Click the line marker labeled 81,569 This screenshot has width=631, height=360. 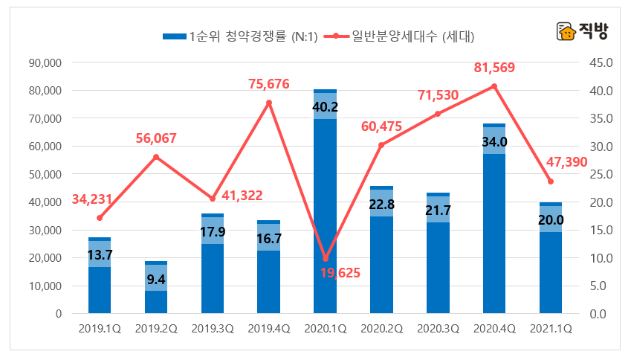tap(494, 86)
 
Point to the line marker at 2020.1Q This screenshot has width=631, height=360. tap(325, 259)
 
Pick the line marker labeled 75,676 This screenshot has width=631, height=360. tap(269, 103)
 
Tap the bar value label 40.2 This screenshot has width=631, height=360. tap(325, 107)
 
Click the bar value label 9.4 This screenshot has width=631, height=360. tap(155, 280)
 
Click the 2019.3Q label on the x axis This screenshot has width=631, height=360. tap(212, 328)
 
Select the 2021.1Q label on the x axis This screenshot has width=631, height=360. tap(551, 328)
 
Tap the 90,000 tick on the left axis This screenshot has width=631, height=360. tap(45, 63)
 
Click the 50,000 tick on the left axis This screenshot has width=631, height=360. tap(45, 175)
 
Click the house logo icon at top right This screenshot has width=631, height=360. tap(566, 32)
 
